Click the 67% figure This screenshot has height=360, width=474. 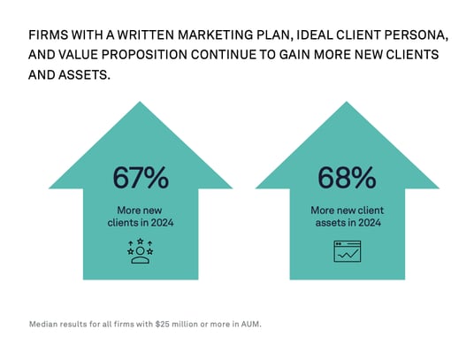[x=141, y=177]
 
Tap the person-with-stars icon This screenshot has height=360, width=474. [x=141, y=250]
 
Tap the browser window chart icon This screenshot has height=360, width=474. [x=347, y=251]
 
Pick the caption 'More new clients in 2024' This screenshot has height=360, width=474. [x=141, y=217]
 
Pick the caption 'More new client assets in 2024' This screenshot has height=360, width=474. [x=347, y=217]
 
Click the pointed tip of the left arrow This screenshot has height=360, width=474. [x=141, y=103]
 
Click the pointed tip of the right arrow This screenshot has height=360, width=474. [x=347, y=103]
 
